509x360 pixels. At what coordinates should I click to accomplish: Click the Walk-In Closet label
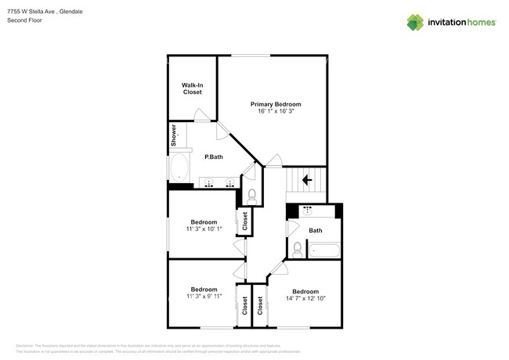[x=192, y=88]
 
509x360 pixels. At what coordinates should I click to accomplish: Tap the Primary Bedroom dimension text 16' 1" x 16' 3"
[x=276, y=111]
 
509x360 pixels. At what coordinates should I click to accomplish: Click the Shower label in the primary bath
[x=173, y=137]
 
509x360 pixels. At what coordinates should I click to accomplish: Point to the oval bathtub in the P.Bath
[x=179, y=167]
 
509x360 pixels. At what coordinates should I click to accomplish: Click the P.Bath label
[x=214, y=157]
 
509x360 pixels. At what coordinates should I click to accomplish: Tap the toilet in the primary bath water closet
[x=251, y=194]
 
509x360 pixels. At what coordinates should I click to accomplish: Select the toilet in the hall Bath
[x=298, y=249]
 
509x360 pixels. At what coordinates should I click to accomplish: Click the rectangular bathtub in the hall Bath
[x=324, y=250]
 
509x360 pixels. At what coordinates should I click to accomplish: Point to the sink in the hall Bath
[x=307, y=211]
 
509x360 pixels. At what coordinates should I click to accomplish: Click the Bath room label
[x=316, y=230]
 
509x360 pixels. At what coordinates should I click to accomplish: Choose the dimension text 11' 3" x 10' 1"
[x=204, y=229]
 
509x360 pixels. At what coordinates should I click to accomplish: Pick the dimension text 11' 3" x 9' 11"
[x=204, y=297]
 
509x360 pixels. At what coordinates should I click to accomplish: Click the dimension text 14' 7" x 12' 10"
[x=305, y=297]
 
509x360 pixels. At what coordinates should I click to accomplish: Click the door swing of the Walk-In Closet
[x=201, y=115]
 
